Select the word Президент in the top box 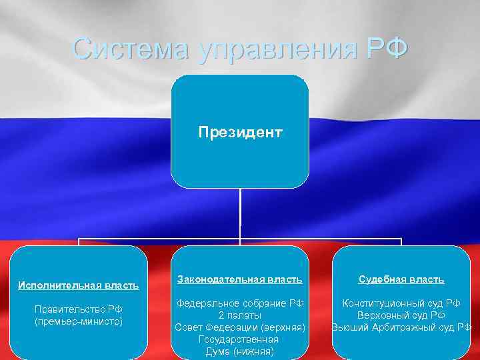pos(240,132)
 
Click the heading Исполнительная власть pos(79,286)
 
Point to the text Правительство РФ pos(79,309)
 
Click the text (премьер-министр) pos(79,321)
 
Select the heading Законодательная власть pos(240,279)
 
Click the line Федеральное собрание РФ pos(240,303)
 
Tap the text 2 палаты pos(240,315)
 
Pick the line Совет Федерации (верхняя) pos(240,327)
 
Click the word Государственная pos(240,339)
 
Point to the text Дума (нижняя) pos(240,351)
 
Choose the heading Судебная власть pos(401,279)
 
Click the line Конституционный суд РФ pos(401,303)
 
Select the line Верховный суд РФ pos(401,315)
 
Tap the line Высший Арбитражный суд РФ pos(401,327)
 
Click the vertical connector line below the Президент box pos(240,213)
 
